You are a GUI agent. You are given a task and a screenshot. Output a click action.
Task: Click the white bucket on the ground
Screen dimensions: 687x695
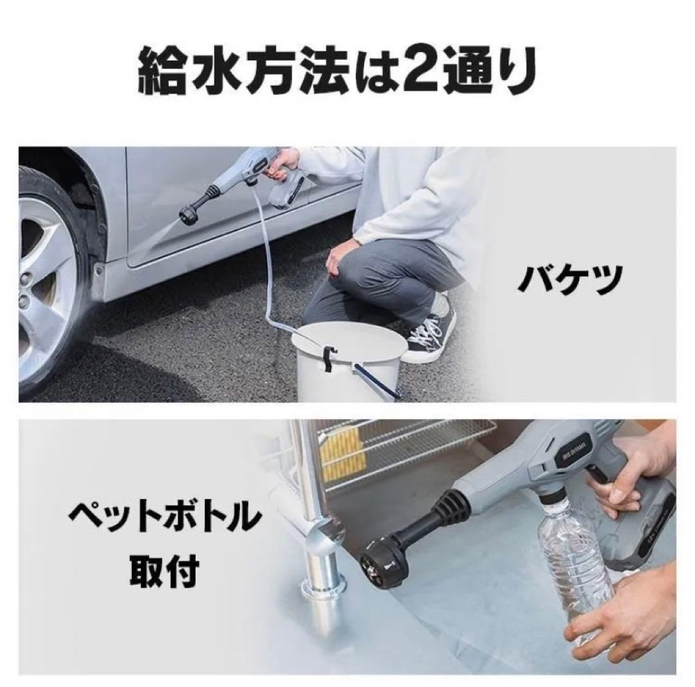(x=347, y=364)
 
